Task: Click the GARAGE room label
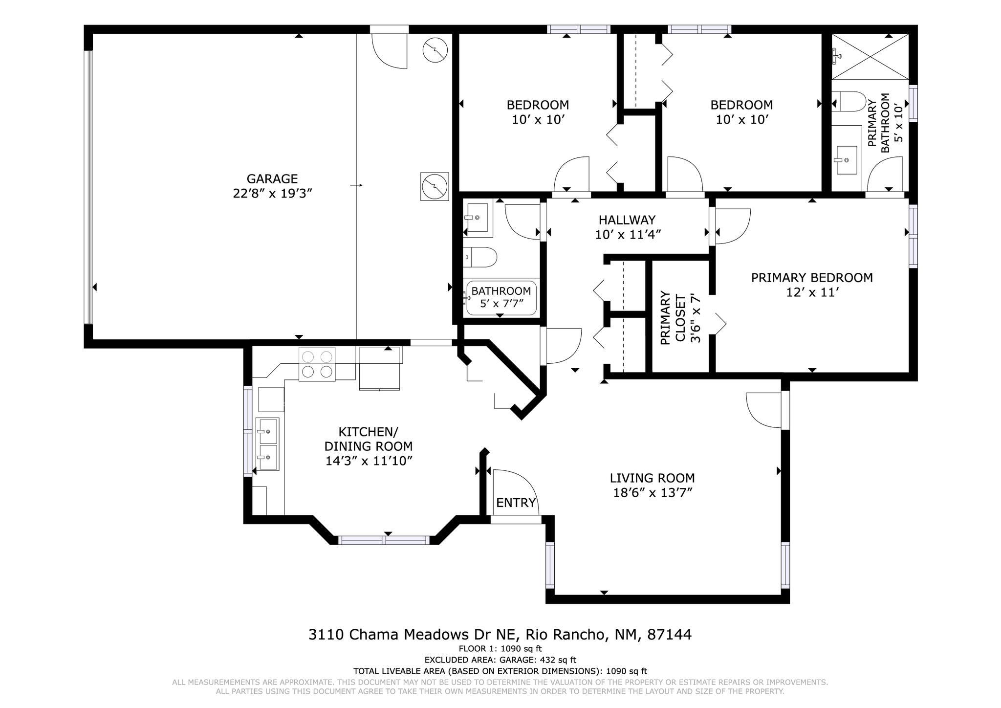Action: pos(272,178)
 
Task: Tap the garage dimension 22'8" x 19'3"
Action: pos(272,194)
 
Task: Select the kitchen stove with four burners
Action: pos(317,364)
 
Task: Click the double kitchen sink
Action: pos(268,444)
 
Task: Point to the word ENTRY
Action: pos(516,503)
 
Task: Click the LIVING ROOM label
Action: pos(652,478)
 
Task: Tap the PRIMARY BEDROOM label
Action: pos(811,278)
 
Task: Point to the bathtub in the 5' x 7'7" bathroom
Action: pos(501,298)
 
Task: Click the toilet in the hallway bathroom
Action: pos(480,257)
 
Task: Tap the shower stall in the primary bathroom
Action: pos(870,56)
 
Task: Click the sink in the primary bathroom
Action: pos(846,160)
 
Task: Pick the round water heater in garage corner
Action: pos(435,50)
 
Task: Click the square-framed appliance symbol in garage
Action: pos(435,186)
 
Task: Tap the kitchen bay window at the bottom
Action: pos(384,540)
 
